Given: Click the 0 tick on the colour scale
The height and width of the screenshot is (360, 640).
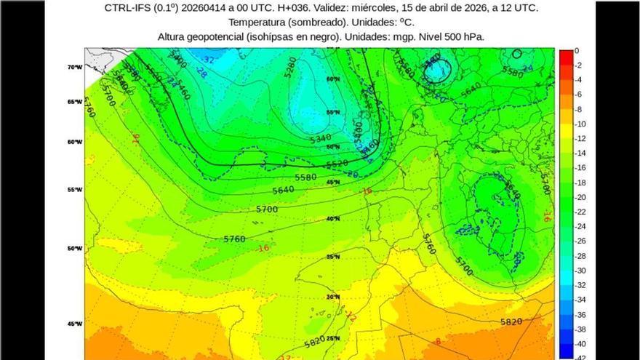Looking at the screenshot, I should click(577, 51).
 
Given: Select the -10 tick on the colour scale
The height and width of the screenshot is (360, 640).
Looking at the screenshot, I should click(579, 124).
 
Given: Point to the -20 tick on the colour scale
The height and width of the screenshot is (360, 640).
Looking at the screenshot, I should click(579, 197).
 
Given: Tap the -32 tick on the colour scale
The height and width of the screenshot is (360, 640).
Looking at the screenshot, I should click(579, 285).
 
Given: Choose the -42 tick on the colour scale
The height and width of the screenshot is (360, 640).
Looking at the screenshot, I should click(579, 356).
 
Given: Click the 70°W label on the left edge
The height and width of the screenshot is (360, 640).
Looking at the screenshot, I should click(75, 67).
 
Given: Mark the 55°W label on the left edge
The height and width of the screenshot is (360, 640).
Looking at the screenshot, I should click(75, 189).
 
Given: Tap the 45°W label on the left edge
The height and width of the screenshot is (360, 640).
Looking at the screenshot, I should click(75, 324).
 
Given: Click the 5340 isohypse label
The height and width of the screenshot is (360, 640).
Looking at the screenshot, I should click(321, 137).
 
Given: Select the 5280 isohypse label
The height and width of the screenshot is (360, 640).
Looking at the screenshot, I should click(289, 68).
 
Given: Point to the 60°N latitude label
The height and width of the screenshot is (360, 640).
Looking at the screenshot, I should click(333, 79).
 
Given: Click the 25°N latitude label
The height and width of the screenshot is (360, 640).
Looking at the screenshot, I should click(334, 338).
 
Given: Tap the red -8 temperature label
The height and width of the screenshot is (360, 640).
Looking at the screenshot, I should click(437, 340).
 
